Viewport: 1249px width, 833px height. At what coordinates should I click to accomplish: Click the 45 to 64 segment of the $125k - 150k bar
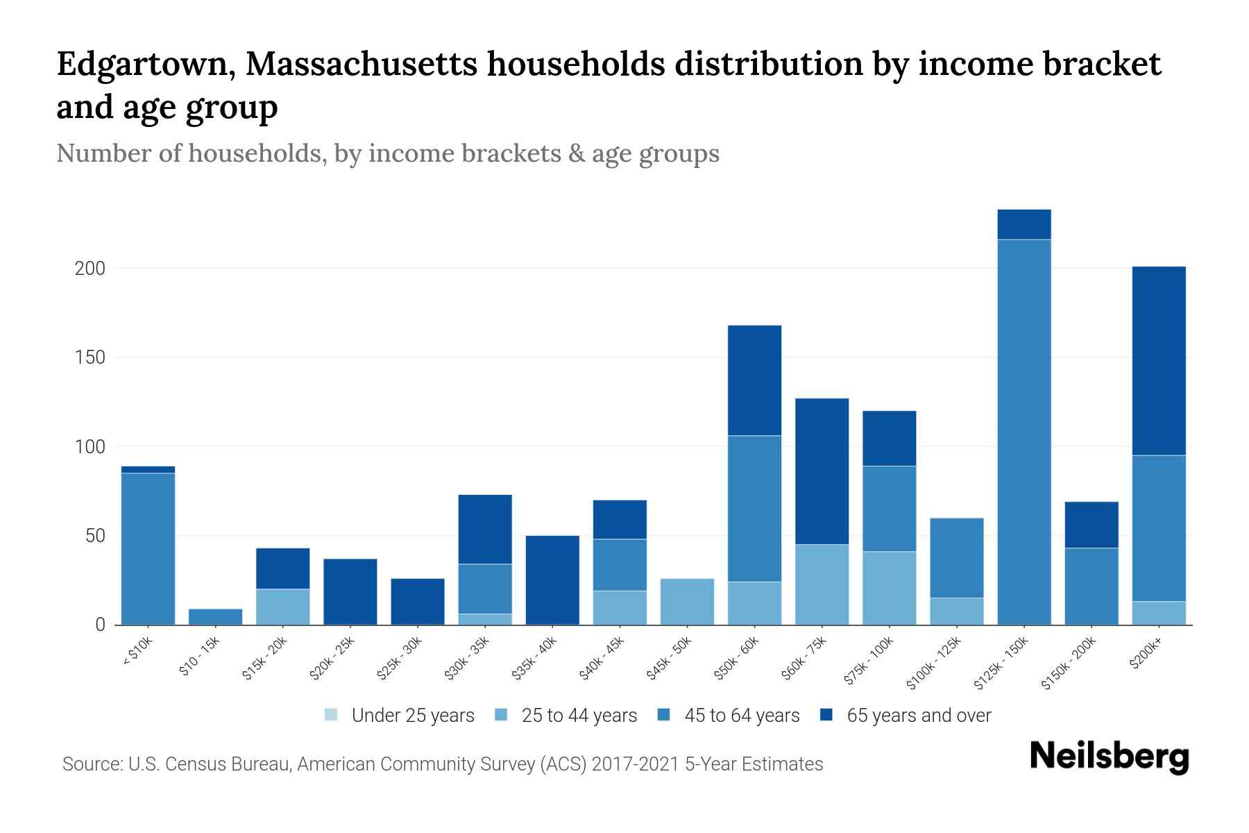1023,432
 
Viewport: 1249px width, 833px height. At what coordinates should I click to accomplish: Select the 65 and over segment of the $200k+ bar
1159,361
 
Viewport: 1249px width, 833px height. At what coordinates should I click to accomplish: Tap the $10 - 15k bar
215,616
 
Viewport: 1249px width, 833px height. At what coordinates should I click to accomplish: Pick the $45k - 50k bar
687,601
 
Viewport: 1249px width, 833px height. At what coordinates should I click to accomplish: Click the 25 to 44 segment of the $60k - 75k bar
822,584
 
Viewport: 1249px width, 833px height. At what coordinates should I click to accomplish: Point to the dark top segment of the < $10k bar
148,470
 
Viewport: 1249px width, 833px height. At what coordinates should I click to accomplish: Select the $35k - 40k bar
552,580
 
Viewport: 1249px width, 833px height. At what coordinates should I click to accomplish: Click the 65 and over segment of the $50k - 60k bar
754,380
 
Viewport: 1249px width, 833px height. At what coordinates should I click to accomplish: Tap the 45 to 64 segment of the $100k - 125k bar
956,558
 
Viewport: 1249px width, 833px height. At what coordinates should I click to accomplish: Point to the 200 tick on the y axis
90,269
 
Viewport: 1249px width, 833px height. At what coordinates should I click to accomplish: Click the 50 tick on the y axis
94,536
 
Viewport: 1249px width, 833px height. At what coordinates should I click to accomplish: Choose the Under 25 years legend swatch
332,715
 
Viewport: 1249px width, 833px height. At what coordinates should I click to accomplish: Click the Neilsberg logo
1109,757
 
